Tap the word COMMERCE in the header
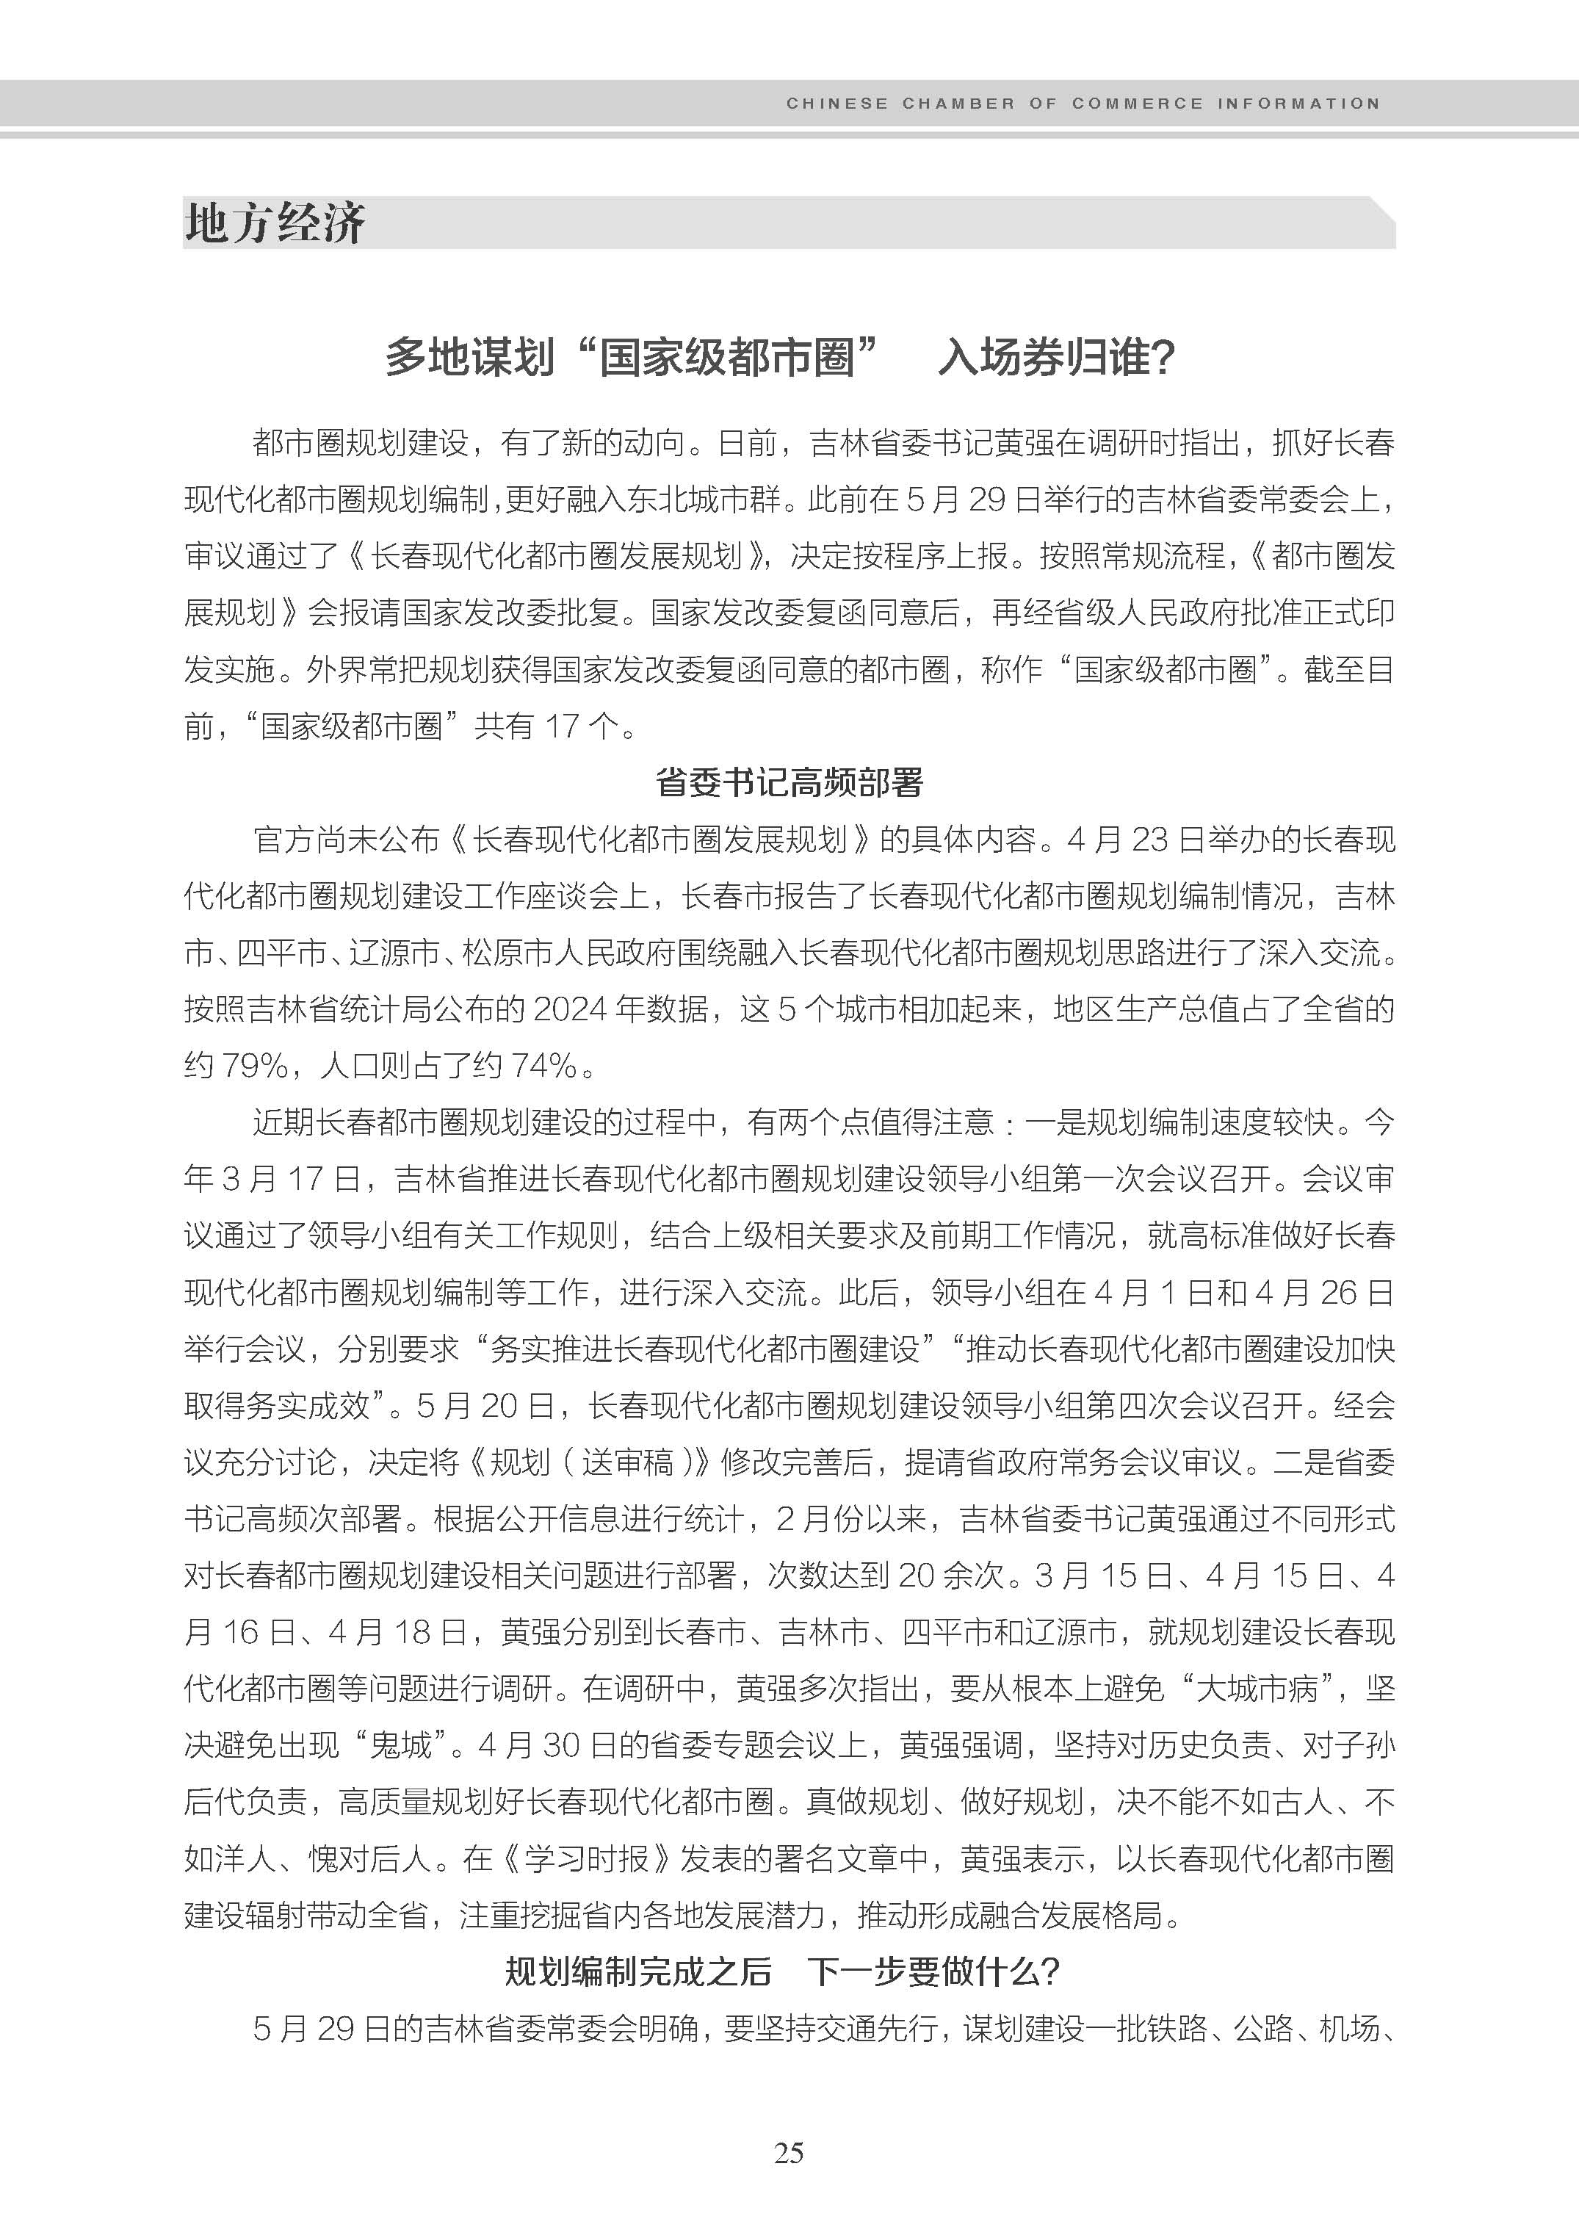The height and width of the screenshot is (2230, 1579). (x=1137, y=103)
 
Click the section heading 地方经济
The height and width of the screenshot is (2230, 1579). (x=275, y=224)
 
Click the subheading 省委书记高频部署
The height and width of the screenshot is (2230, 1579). (x=789, y=782)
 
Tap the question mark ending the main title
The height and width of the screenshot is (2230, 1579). (x=1163, y=358)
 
